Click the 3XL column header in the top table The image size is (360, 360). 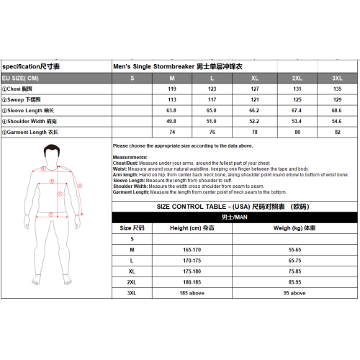[337, 78]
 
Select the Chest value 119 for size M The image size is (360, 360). [172, 89]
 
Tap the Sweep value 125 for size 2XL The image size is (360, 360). [296, 99]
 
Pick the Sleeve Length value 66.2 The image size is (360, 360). [254, 110]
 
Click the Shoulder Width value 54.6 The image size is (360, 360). [337, 121]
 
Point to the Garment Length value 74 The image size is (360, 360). [172, 132]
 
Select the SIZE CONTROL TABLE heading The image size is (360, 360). [234, 206]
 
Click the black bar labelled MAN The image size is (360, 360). [234, 216]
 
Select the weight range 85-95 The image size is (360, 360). [294, 282]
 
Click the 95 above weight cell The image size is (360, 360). [294, 293]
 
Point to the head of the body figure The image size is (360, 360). [50, 153]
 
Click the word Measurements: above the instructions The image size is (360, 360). [130, 156]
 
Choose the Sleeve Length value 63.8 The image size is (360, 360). [171, 110]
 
